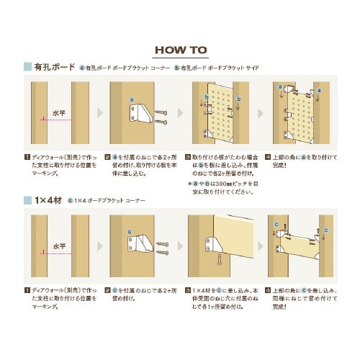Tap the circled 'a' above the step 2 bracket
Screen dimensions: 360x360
coord(132,99)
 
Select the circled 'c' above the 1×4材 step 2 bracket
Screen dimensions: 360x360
coord(130,233)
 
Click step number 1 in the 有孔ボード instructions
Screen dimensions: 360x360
coord(27,155)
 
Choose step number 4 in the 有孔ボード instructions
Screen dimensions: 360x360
coord(268,155)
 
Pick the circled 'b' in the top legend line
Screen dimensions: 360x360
coord(177,68)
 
